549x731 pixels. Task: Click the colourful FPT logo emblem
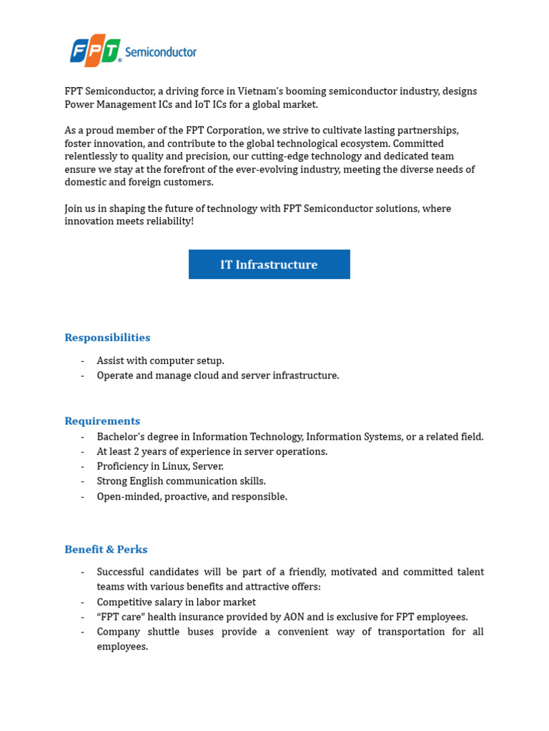click(x=95, y=51)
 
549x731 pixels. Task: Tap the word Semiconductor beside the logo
click(x=160, y=52)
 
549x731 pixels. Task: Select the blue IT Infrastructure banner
click(x=269, y=264)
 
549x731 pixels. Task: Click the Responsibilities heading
click(x=107, y=338)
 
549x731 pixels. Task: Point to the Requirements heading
click(x=102, y=421)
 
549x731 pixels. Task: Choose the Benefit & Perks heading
click(x=106, y=550)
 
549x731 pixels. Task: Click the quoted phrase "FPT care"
click(x=119, y=617)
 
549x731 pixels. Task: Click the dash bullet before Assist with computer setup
click(x=83, y=361)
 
